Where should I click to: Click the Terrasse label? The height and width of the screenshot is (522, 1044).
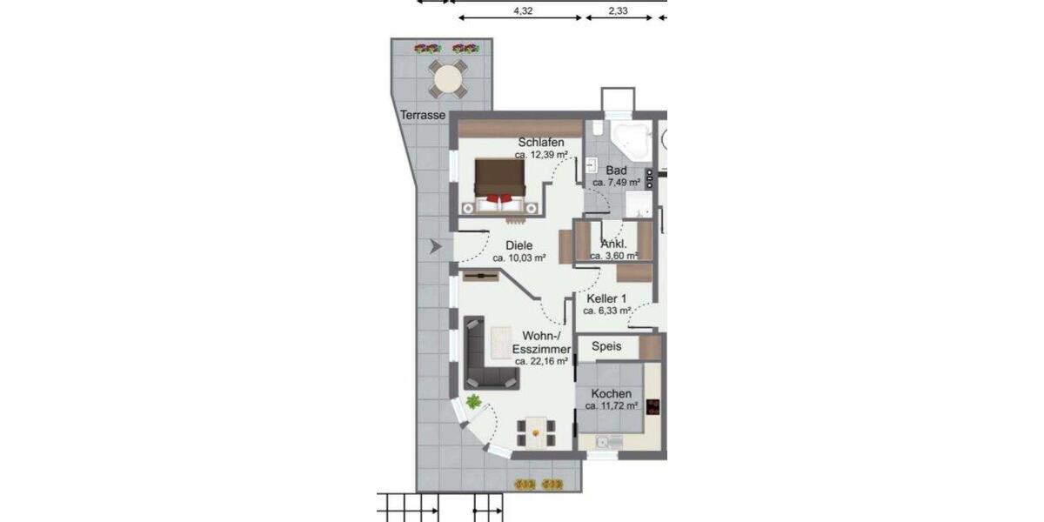click(x=423, y=115)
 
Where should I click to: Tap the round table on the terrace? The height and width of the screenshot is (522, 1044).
click(x=448, y=80)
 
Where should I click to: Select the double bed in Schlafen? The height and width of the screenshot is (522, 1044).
click(x=500, y=184)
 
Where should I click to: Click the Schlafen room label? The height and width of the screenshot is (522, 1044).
click(x=541, y=143)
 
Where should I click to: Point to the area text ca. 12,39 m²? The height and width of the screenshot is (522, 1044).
click(x=541, y=155)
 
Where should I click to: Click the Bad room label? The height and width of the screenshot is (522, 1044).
click(x=617, y=171)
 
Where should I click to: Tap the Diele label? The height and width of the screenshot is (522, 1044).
click(x=519, y=245)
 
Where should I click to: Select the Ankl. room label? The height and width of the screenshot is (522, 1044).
click(x=614, y=244)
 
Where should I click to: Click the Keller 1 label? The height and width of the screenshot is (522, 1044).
click(x=606, y=298)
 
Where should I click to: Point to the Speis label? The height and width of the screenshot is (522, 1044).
click(x=606, y=346)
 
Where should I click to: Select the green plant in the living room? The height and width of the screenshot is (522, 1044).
click(x=473, y=402)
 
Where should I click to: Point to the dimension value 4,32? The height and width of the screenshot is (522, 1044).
click(x=523, y=11)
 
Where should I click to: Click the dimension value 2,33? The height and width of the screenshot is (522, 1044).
click(x=619, y=11)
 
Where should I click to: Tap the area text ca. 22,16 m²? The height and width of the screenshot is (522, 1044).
click(x=541, y=360)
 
